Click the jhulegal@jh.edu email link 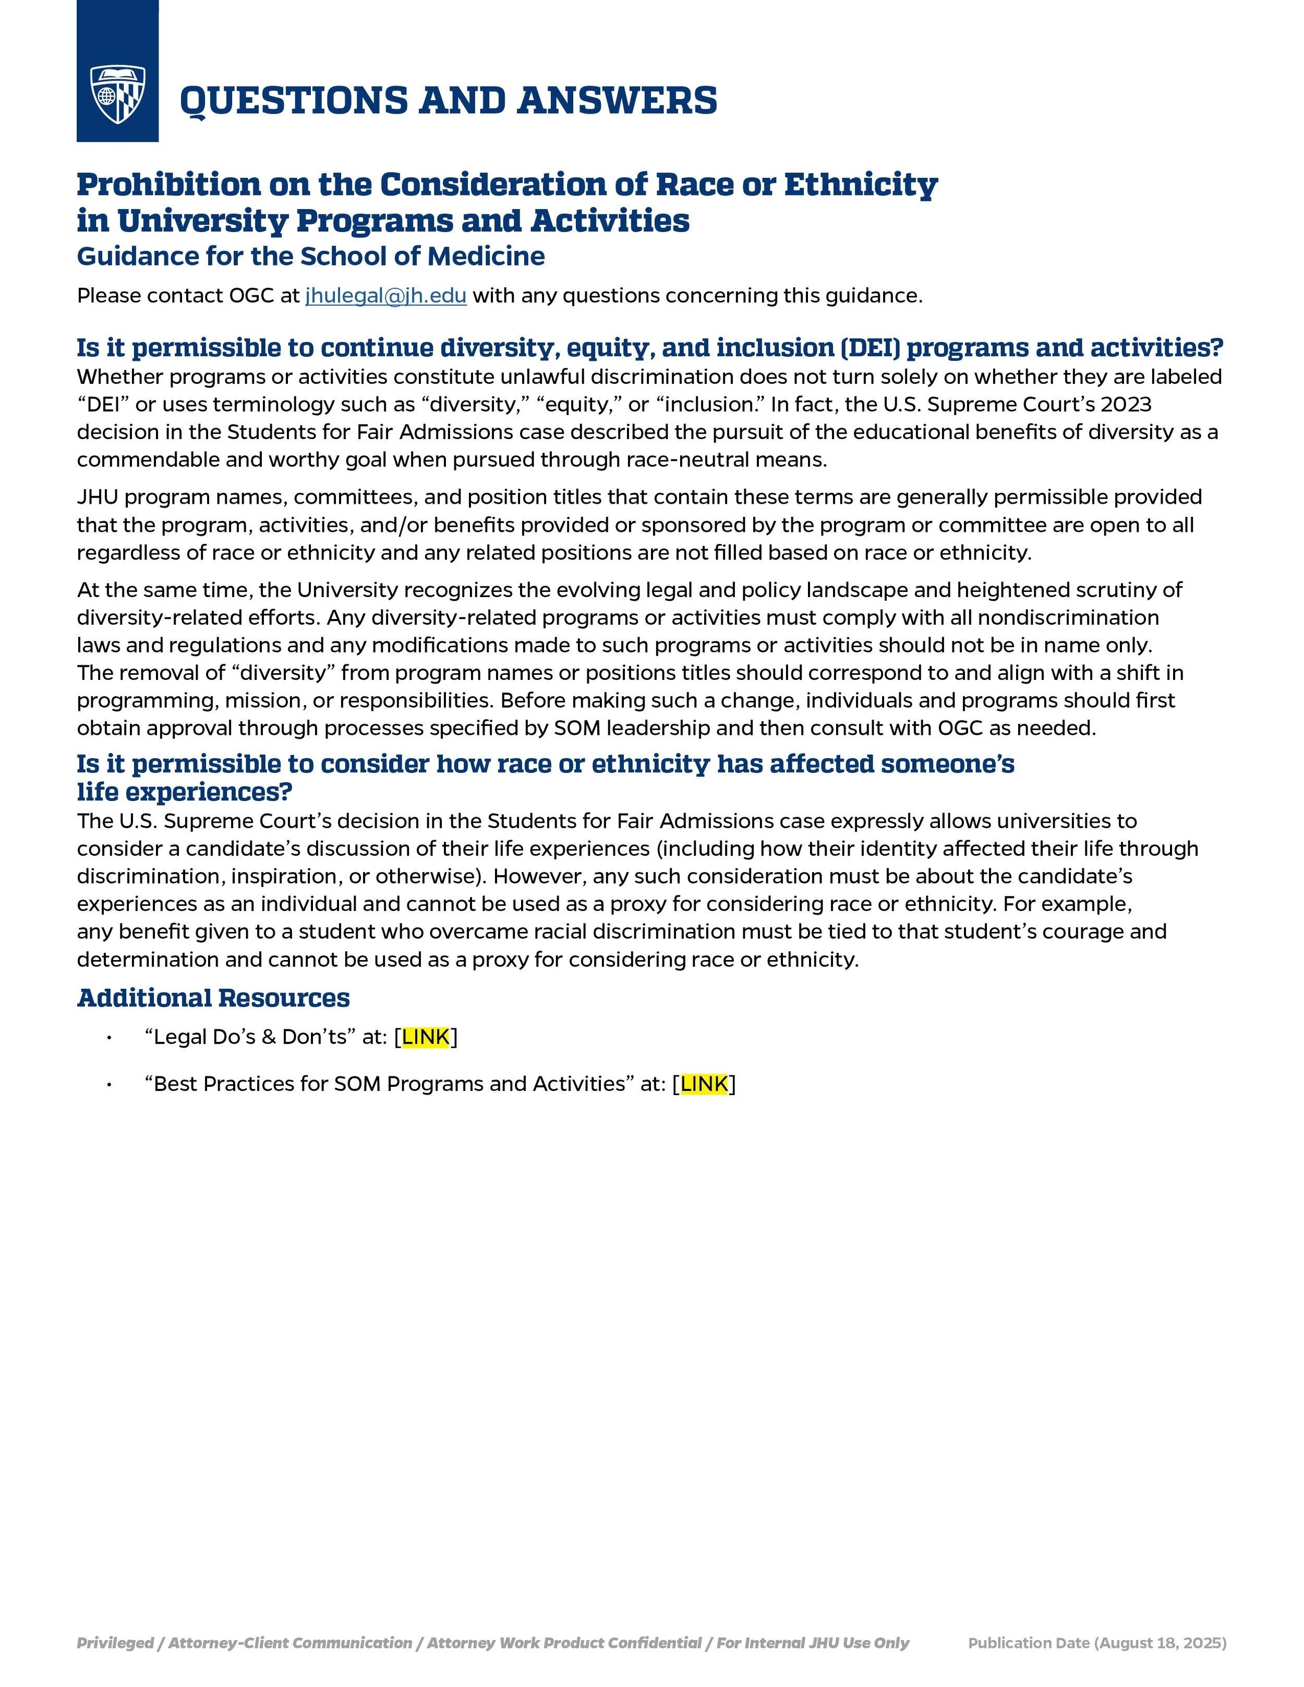click(x=385, y=296)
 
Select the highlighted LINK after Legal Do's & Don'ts click(x=426, y=1037)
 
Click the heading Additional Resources click(x=213, y=998)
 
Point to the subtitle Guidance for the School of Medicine click(x=310, y=257)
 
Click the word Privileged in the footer click(x=114, y=1643)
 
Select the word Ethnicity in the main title click(x=861, y=185)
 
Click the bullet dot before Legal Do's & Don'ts click(x=110, y=1037)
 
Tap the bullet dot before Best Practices click(x=110, y=1085)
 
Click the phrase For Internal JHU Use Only click(x=812, y=1643)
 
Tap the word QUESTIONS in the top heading click(x=294, y=101)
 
